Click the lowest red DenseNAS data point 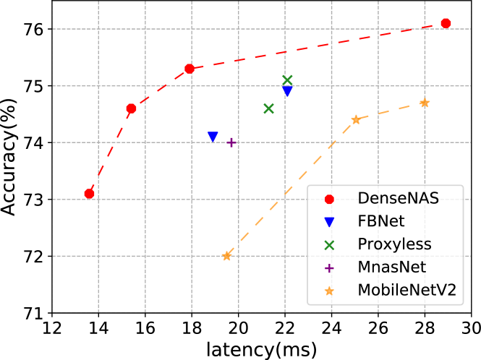click(x=89, y=194)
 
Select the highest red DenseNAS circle click(x=446, y=24)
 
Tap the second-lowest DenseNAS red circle click(x=131, y=109)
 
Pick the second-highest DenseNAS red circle click(x=190, y=69)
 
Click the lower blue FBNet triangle click(x=213, y=137)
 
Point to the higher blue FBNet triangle click(x=287, y=92)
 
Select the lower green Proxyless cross click(x=269, y=108)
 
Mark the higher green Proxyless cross click(x=287, y=80)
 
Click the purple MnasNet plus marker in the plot click(x=231, y=142)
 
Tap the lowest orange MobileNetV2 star click(x=227, y=256)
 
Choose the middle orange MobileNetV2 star click(x=356, y=119)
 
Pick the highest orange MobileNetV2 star click(x=425, y=103)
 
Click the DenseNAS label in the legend click(x=398, y=199)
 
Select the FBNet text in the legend click(x=381, y=221)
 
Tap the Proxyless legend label click(x=394, y=244)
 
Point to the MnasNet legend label click(x=392, y=267)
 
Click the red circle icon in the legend click(x=330, y=199)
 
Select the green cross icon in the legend click(x=330, y=244)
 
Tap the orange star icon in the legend click(x=330, y=291)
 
